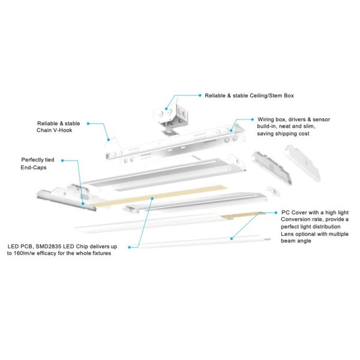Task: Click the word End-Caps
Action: tap(34, 169)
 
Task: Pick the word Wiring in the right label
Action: tap(267, 119)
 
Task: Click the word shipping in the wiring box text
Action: tap(289, 134)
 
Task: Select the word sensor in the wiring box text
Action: tap(320, 119)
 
